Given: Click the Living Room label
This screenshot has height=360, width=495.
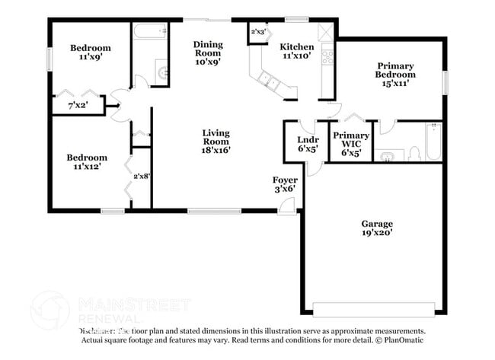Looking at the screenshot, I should pyautogui.click(x=216, y=142).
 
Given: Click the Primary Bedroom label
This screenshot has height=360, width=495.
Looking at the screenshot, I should pyautogui.click(x=395, y=75).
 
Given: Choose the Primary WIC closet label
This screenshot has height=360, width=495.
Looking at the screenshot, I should pyautogui.click(x=350, y=144).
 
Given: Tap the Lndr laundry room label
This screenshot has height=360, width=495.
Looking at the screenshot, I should pyautogui.click(x=307, y=144).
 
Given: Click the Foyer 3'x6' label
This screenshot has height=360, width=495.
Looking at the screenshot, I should pyautogui.click(x=286, y=185).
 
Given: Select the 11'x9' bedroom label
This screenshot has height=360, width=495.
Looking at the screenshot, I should pyautogui.click(x=91, y=53).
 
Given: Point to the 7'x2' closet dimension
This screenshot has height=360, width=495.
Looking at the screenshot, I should pyautogui.click(x=78, y=105).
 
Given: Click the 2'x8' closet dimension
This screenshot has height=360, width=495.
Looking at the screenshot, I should pyautogui.click(x=142, y=176).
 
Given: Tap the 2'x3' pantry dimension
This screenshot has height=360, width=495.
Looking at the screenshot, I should pyautogui.click(x=259, y=32).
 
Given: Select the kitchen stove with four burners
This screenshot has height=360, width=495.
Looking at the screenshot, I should pyautogui.click(x=327, y=56).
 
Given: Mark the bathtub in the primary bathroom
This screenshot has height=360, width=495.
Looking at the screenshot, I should pyautogui.click(x=432, y=142).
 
